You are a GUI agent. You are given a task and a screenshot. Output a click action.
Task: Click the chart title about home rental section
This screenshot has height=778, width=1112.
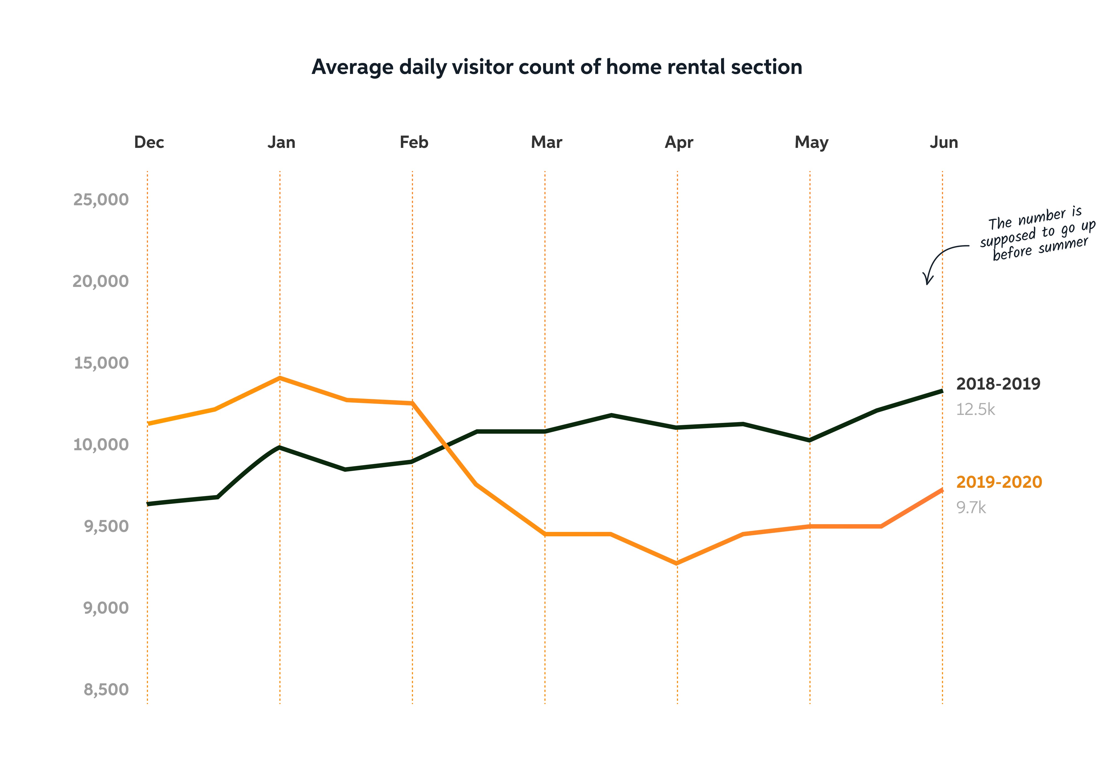(557, 67)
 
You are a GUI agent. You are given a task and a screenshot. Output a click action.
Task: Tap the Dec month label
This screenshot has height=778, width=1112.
(149, 142)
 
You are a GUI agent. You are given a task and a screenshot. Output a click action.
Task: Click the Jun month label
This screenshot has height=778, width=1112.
(943, 142)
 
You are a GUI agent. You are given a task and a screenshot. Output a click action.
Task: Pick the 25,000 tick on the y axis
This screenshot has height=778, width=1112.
(101, 199)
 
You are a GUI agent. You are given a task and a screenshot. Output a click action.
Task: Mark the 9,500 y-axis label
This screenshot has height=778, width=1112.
(106, 526)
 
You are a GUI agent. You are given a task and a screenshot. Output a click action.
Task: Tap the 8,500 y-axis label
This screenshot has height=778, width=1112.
(106, 689)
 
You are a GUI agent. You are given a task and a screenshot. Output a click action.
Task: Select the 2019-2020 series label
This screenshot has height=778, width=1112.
(999, 482)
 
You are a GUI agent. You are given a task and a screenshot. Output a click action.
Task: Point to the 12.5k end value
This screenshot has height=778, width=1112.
(975, 410)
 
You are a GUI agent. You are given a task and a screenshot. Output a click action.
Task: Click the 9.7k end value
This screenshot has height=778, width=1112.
(971, 508)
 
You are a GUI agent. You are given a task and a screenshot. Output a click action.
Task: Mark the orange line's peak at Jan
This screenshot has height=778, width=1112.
(280, 378)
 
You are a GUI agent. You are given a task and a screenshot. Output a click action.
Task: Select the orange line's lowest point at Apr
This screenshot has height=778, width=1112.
(677, 563)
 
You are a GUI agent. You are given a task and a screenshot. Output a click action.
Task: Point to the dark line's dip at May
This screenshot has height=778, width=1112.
(810, 440)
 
